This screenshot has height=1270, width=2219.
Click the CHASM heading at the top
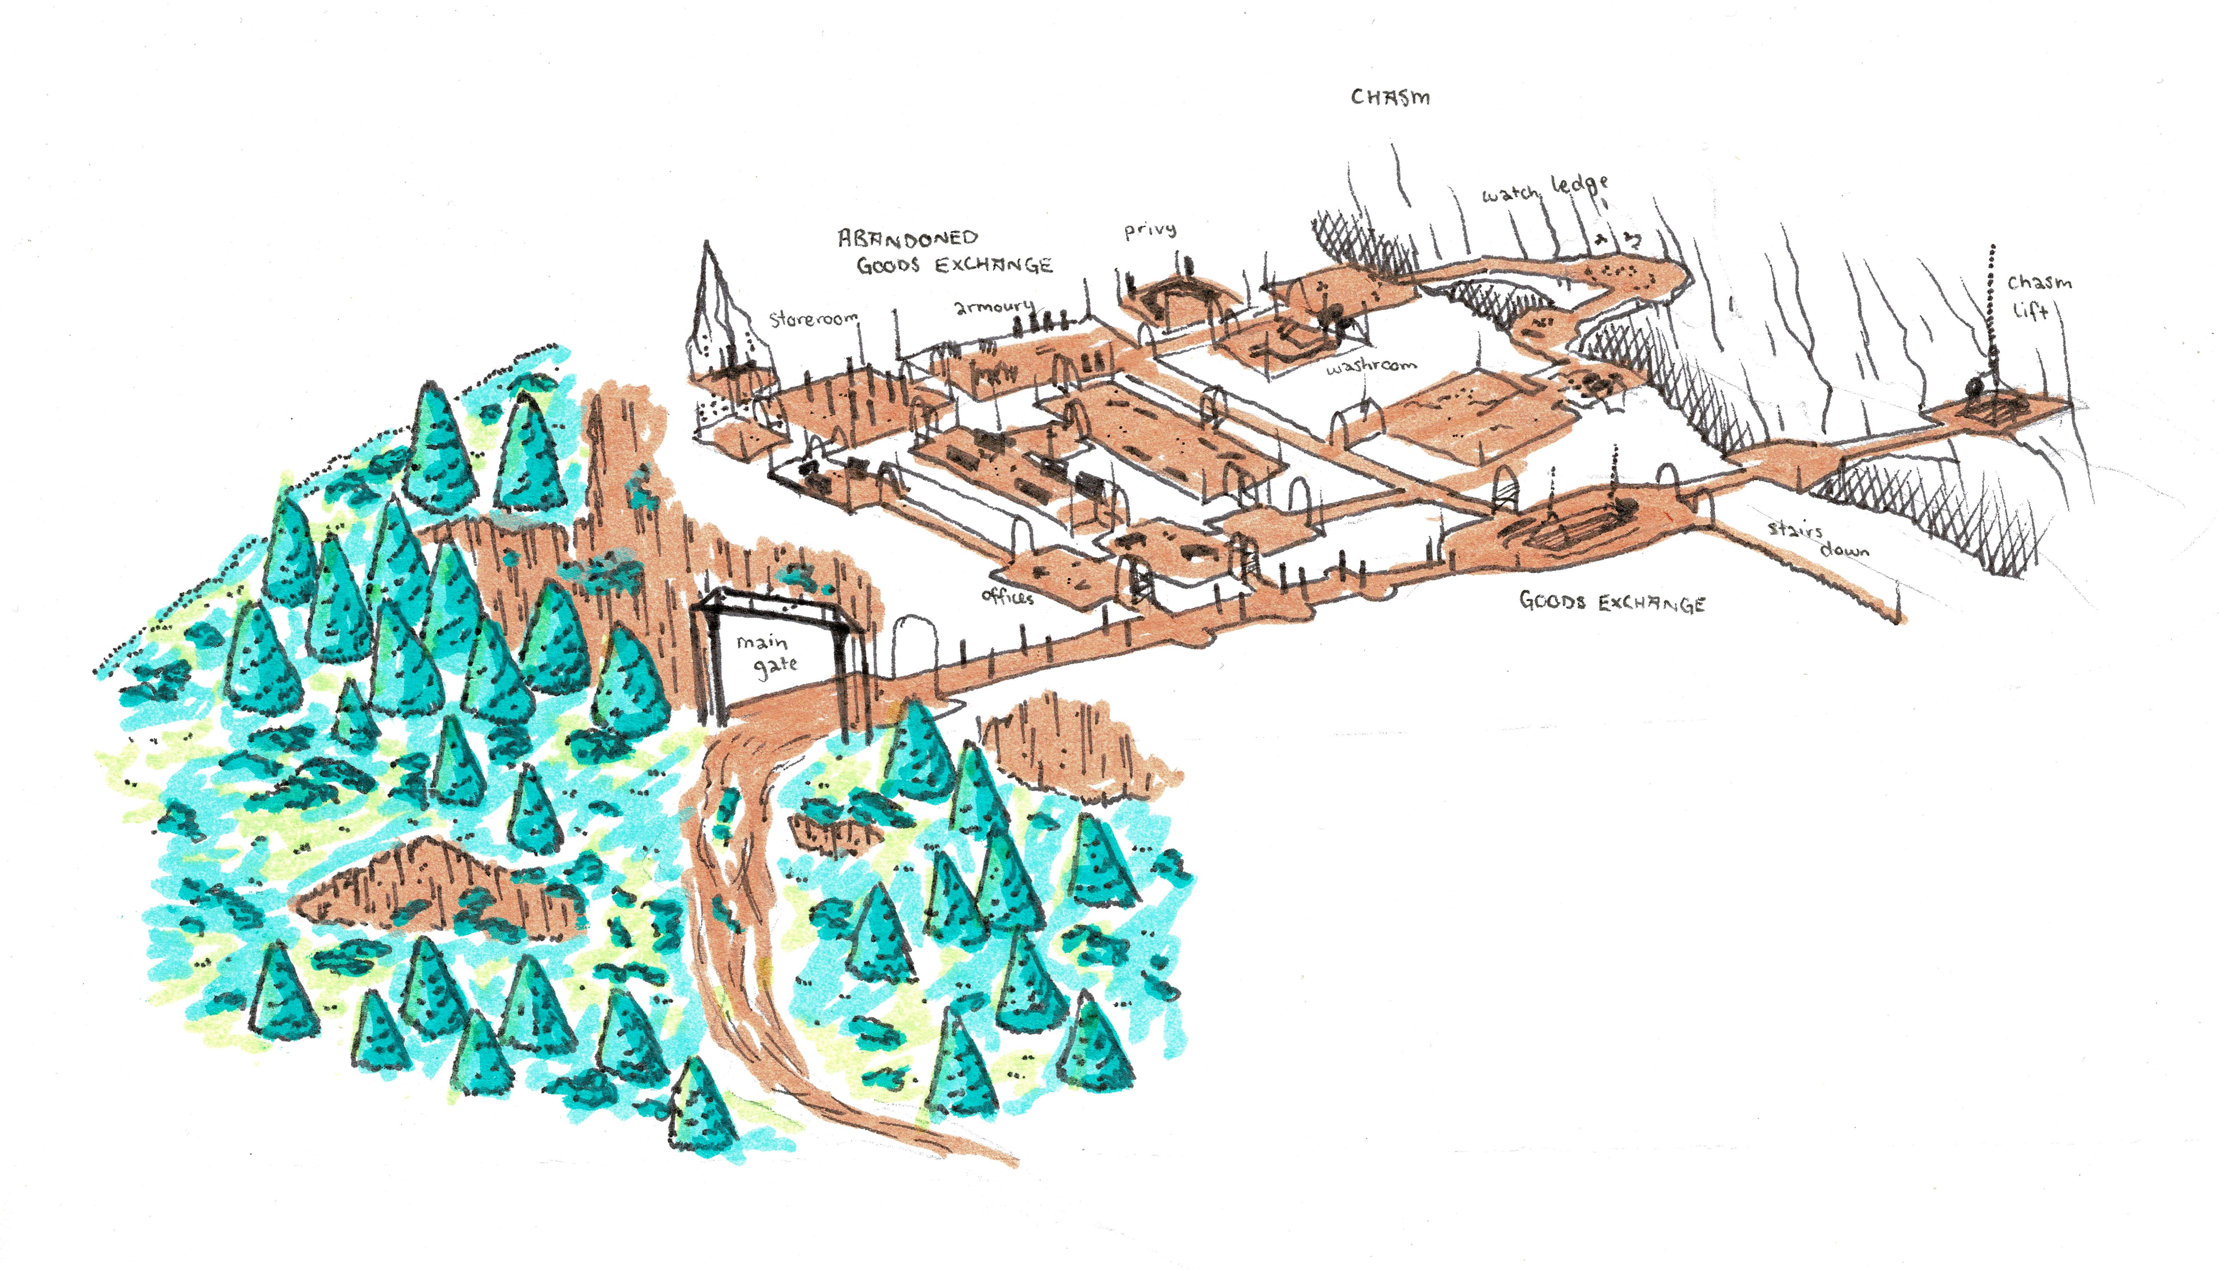(x=1390, y=97)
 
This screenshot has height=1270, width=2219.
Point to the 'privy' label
(x=1150, y=230)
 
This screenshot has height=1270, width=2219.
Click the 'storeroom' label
(x=813, y=319)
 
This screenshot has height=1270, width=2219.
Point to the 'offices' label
(x=1007, y=597)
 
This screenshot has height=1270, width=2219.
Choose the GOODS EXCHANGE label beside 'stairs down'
(x=1612, y=602)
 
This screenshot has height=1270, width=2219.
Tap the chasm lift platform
(x=1998, y=408)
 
